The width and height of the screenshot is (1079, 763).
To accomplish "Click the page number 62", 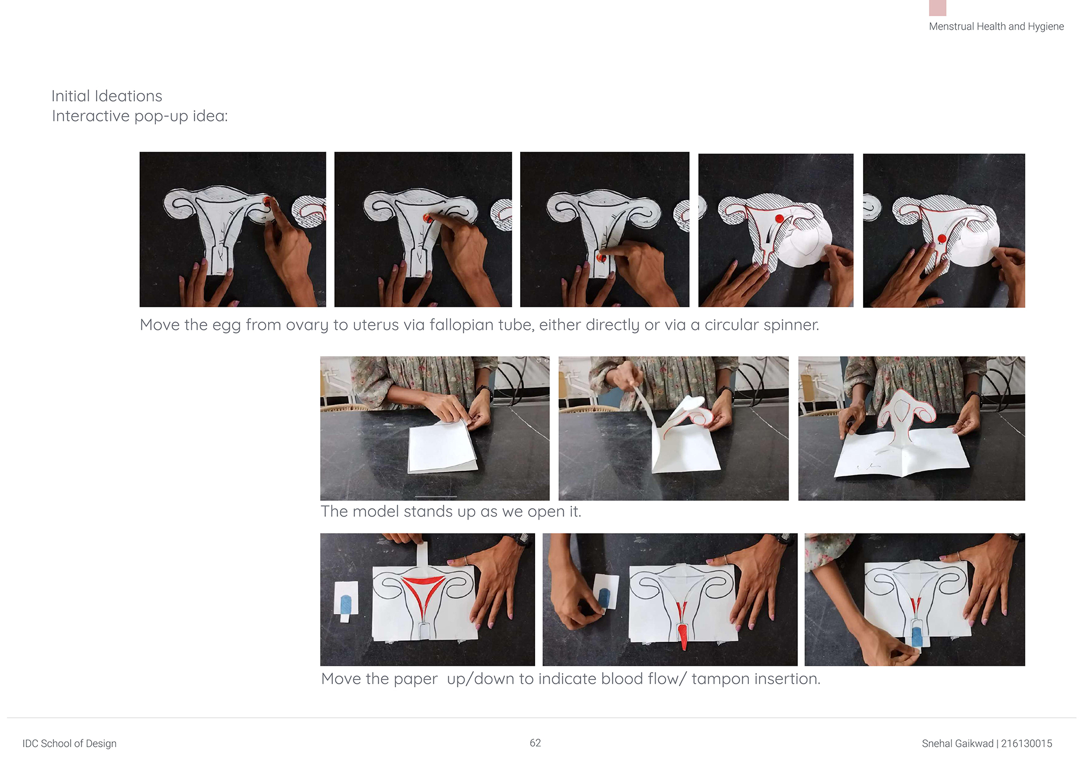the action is coord(535,743).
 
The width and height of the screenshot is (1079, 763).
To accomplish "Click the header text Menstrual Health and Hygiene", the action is coord(996,26).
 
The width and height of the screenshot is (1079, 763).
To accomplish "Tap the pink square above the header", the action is coord(938,8).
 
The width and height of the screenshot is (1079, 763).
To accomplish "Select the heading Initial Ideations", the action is coord(107,96).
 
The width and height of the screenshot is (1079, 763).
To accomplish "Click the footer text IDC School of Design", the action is coord(70,744).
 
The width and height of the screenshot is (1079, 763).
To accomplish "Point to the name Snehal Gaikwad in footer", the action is coord(958,744).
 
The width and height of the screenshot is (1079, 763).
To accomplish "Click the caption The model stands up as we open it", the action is coord(451,511).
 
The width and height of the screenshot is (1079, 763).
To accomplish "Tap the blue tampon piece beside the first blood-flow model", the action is coord(346,604).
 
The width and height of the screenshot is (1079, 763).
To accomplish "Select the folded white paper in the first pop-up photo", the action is coord(441,448).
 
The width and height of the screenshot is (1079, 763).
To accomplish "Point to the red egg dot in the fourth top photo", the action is coord(780,219).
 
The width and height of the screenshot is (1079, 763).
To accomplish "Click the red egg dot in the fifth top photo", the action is coord(942,239).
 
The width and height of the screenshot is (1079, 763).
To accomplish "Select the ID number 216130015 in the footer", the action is coord(1027,744).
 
